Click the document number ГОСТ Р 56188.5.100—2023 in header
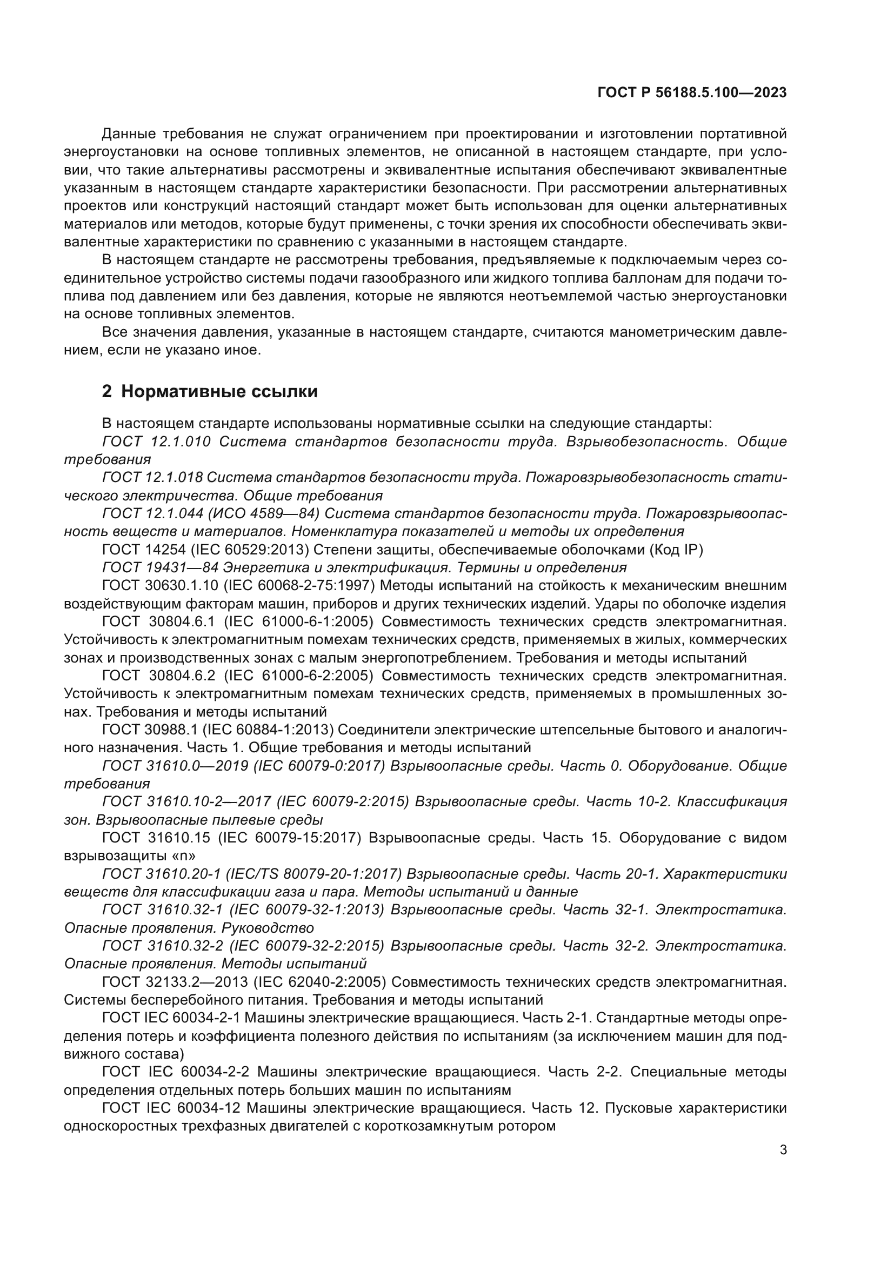click(692, 93)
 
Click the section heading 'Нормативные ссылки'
click(219, 391)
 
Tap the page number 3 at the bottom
click(783, 1150)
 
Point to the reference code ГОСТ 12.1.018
click(152, 477)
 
